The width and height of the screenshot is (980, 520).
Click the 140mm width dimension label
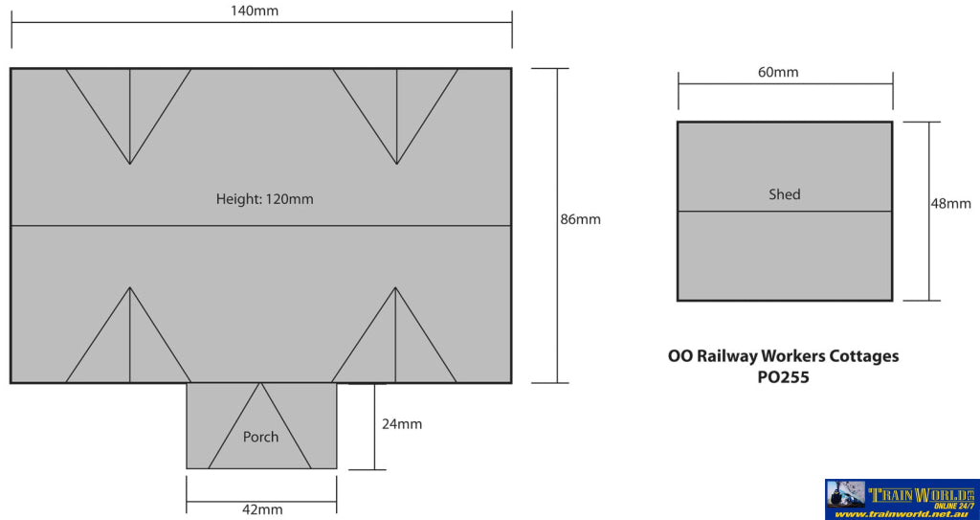(261, 11)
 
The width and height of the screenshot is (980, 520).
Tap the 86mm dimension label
(580, 219)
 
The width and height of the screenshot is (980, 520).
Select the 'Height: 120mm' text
(264, 200)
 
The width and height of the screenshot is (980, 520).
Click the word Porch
(260, 437)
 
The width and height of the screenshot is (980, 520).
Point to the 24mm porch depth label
(402, 424)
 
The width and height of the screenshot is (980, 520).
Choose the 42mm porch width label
(261, 509)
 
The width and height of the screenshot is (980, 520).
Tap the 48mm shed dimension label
(950, 203)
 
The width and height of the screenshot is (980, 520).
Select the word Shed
(784, 194)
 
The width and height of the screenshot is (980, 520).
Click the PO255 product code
(783, 377)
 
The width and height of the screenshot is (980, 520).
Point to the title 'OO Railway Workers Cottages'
(783, 356)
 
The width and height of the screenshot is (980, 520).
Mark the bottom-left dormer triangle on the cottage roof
(129, 345)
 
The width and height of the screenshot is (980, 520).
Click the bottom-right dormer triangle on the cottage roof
(396, 345)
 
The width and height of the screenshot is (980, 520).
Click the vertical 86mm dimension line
(557, 287)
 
